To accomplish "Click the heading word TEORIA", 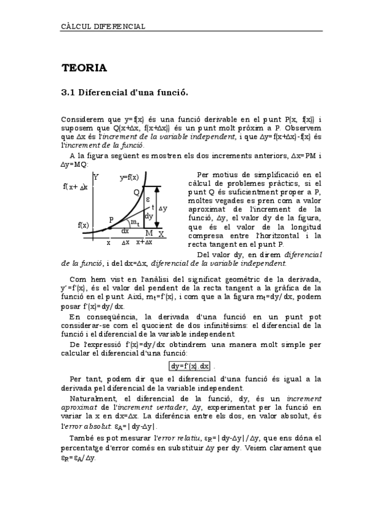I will pyautogui.click(x=84, y=68).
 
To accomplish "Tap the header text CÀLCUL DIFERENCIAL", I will pyautogui.click(x=103, y=26).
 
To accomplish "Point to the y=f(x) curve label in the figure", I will pyautogui.click(x=129, y=177).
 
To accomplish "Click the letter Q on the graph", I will pyautogui.click(x=137, y=192).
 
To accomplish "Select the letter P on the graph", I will pyautogui.click(x=111, y=219).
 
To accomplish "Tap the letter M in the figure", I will pyautogui.click(x=149, y=233).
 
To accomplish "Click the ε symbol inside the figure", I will pyautogui.click(x=148, y=199).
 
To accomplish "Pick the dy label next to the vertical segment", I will pyautogui.click(x=148, y=216).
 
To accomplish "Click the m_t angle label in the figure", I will pyautogui.click(x=135, y=222).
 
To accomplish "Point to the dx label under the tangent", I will pyautogui.click(x=125, y=231).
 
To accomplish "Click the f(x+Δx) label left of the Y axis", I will pyautogui.click(x=76, y=186).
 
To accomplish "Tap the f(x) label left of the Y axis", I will pyautogui.click(x=83, y=225).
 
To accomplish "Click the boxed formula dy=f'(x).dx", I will pyautogui.click(x=190, y=366).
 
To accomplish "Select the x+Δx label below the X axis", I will pyautogui.click(x=144, y=242).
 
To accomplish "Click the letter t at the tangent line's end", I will pyautogui.click(x=152, y=206).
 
